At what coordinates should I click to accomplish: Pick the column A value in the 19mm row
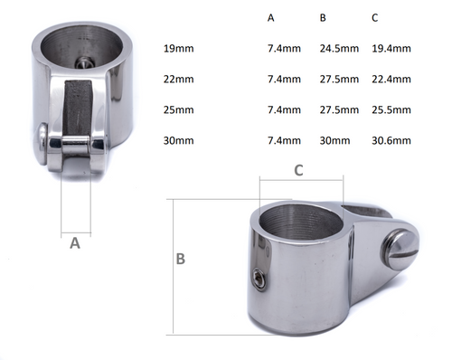tap(283, 48)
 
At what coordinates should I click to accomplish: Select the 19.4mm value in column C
tap(392, 48)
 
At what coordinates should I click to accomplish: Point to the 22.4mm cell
tap(392, 80)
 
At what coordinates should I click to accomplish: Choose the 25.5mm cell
tap(392, 110)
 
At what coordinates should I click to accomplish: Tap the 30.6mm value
tap(392, 141)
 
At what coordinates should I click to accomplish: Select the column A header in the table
tap(272, 18)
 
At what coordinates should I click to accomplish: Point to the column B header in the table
tap(324, 18)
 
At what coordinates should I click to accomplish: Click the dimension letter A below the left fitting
tap(75, 242)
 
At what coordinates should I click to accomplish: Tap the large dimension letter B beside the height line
tap(180, 259)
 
